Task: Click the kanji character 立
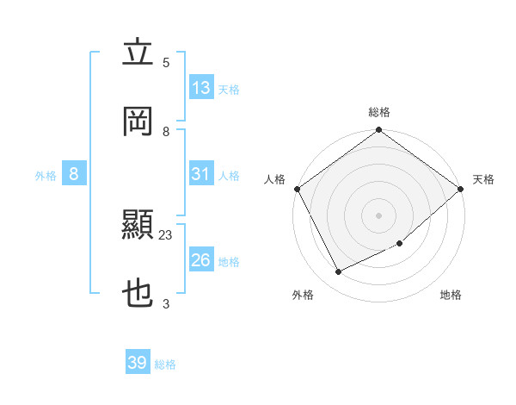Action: (138, 53)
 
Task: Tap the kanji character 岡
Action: (138, 121)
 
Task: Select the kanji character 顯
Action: (138, 226)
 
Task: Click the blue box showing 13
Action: (201, 87)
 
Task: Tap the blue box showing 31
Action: (201, 174)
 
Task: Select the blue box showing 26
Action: (201, 260)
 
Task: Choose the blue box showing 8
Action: (74, 174)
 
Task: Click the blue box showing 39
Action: (138, 363)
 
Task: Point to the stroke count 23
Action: (166, 234)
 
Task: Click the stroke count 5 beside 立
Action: (166, 62)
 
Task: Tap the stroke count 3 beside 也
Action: (166, 303)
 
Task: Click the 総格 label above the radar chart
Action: (379, 112)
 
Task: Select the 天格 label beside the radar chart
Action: (483, 179)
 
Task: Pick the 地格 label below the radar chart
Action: (451, 295)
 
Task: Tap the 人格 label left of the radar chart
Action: (275, 179)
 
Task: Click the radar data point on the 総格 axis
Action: (379, 130)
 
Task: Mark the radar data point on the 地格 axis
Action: (400, 243)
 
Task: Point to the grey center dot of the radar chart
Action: (379, 215)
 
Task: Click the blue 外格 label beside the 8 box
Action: (46, 175)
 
